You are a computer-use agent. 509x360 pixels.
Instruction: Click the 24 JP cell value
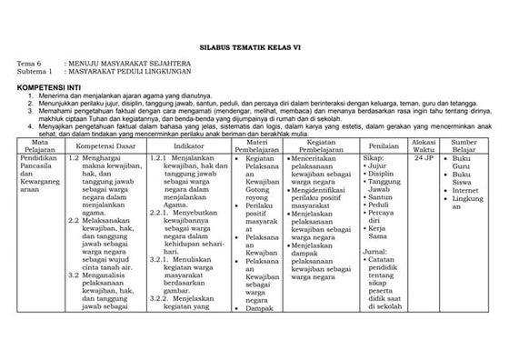(424, 157)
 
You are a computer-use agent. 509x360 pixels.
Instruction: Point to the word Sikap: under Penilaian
(374, 157)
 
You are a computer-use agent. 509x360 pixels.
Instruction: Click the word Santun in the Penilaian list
(381, 197)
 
